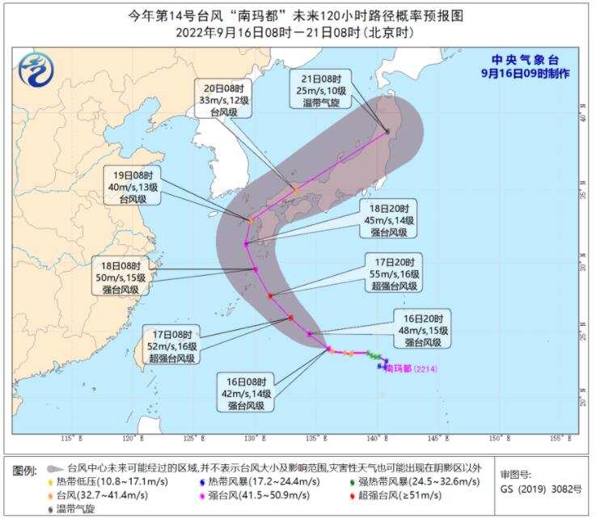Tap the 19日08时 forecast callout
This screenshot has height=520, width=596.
(129, 186)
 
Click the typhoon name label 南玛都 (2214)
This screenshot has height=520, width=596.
(412, 369)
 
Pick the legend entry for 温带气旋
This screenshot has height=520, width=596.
(76, 509)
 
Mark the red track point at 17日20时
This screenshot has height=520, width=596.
(270, 295)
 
